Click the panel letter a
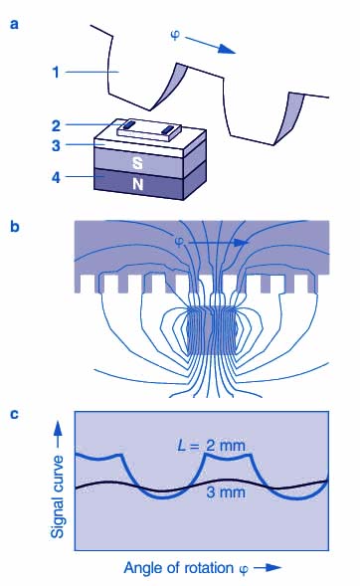(x=15, y=24)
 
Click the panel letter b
(x=15, y=227)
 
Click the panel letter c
(x=14, y=414)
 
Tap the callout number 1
(x=56, y=72)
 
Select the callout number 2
(x=56, y=126)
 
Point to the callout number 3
(x=56, y=145)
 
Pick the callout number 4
(x=56, y=177)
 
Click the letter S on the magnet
(x=138, y=163)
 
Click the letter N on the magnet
(x=138, y=184)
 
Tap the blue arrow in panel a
(x=210, y=45)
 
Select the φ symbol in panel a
(x=175, y=35)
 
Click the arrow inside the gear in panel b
(x=218, y=243)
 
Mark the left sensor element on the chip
(x=128, y=124)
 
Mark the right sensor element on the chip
(x=169, y=130)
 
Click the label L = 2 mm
(x=212, y=446)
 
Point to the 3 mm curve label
(x=226, y=491)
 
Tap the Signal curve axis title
(x=58, y=496)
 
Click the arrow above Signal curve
(x=57, y=436)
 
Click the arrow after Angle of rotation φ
(x=268, y=568)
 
